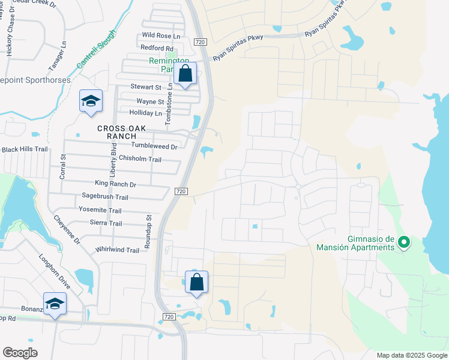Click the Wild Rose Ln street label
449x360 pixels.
tap(161, 35)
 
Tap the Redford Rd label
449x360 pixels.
tap(157, 48)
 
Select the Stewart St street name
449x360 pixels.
tap(146, 87)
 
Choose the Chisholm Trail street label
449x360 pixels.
tap(140, 159)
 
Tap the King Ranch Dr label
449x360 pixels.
tap(115, 184)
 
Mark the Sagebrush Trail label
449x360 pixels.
tap(105, 197)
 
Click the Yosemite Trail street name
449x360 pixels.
tap(100, 210)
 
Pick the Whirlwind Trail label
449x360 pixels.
tap(117, 250)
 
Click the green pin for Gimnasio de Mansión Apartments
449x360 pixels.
tap(404, 242)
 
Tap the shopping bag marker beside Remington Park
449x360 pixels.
tap(186, 75)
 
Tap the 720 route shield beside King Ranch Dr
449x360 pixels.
tap(182, 191)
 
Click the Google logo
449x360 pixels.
tap(20, 353)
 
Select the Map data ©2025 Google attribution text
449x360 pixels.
tap(411, 355)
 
